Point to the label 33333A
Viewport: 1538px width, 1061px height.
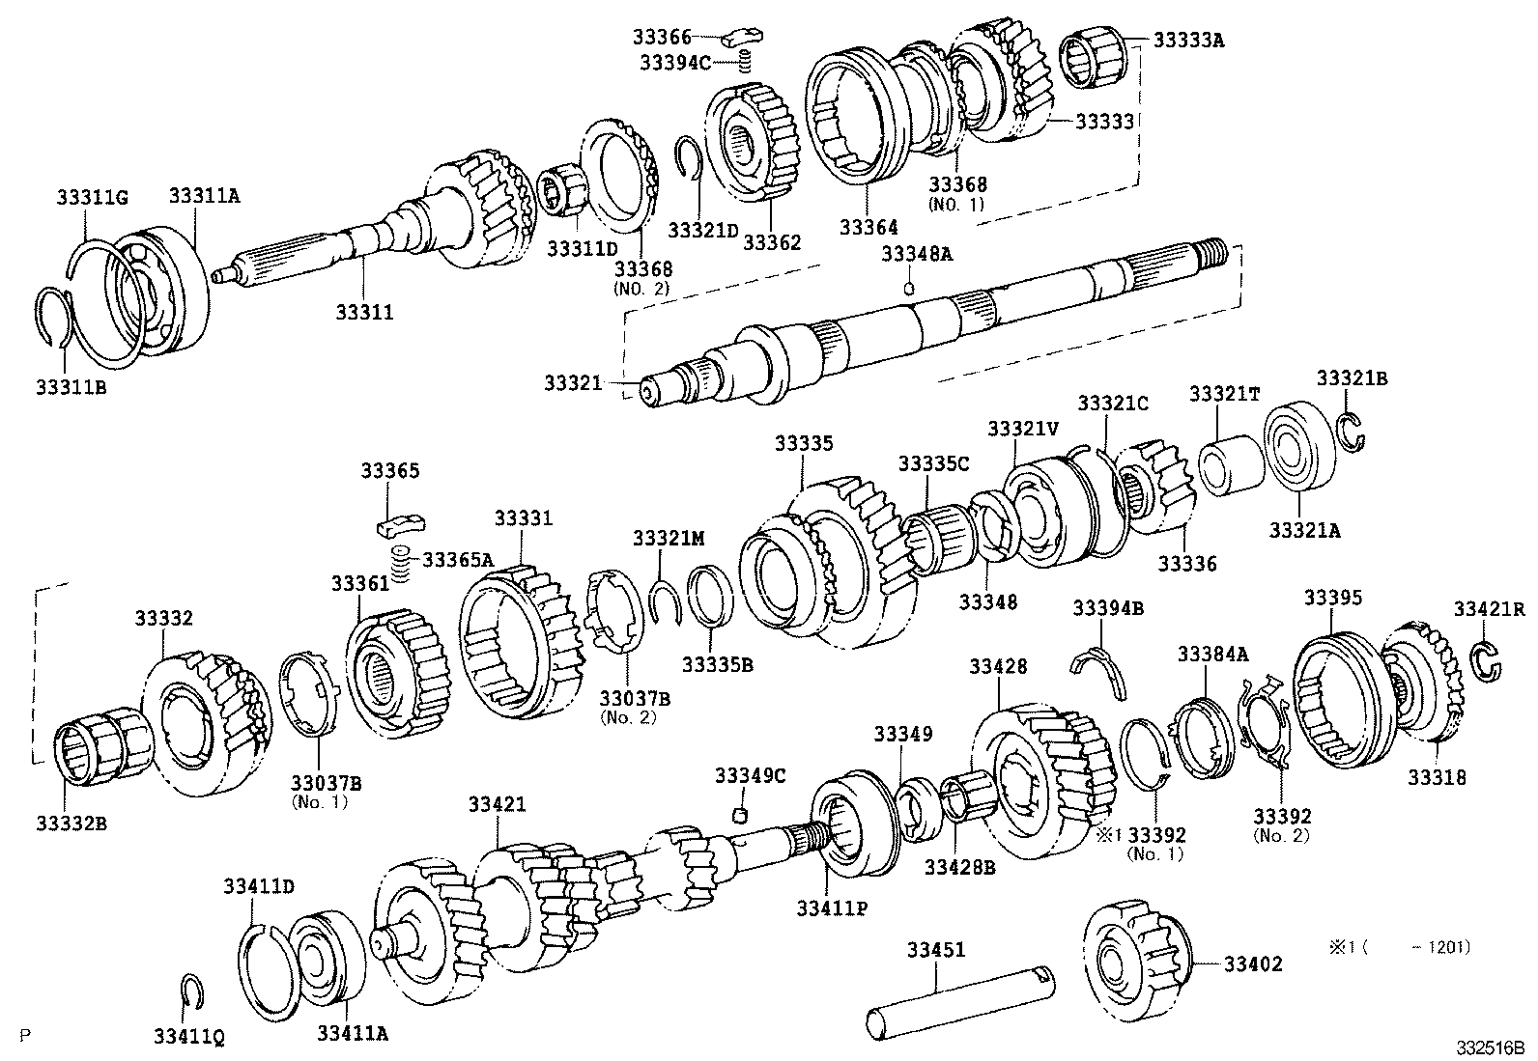[1190, 41]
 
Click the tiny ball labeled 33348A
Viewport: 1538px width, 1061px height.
[909, 287]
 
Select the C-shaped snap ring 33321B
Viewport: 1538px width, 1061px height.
[1353, 430]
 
